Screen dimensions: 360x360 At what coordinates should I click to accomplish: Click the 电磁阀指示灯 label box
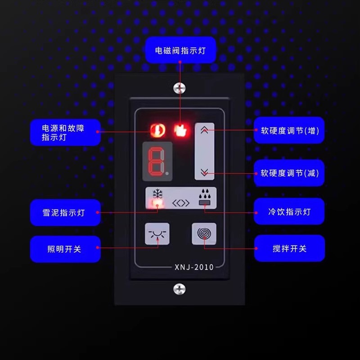tap(181, 50)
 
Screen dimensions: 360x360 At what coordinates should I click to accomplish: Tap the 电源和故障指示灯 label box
tap(65, 133)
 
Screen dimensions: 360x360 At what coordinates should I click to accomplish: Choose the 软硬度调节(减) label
tap(289, 173)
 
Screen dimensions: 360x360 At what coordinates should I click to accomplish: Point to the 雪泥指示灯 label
tap(65, 212)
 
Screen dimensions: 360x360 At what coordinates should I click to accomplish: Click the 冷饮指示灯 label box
tap(289, 211)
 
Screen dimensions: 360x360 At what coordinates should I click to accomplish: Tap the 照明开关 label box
tap(65, 249)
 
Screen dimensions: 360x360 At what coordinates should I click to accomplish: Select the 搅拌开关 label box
tap(289, 248)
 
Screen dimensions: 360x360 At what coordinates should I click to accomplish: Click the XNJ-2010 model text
tap(194, 267)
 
